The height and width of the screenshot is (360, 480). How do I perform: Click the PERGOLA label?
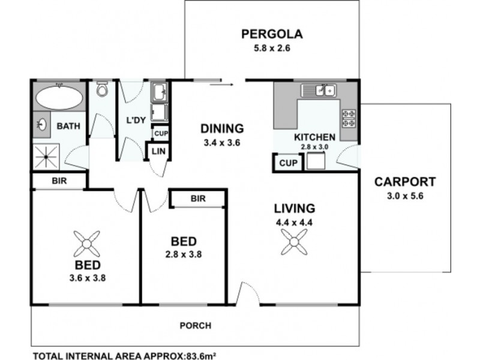[272, 34]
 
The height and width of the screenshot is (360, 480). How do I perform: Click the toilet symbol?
[101, 91]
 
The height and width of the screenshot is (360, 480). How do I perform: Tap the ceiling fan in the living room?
[294, 243]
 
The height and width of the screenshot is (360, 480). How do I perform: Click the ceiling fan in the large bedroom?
[88, 243]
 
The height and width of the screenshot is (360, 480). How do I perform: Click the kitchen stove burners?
[349, 118]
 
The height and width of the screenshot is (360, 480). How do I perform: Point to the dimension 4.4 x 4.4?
[294, 221]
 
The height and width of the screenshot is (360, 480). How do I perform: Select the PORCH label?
[196, 326]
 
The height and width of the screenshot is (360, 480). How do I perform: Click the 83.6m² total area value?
[200, 354]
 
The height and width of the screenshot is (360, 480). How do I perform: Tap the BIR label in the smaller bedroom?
[197, 198]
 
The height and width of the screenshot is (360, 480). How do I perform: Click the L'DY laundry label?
[136, 119]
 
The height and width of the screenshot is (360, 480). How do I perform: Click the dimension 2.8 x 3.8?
[183, 254]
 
